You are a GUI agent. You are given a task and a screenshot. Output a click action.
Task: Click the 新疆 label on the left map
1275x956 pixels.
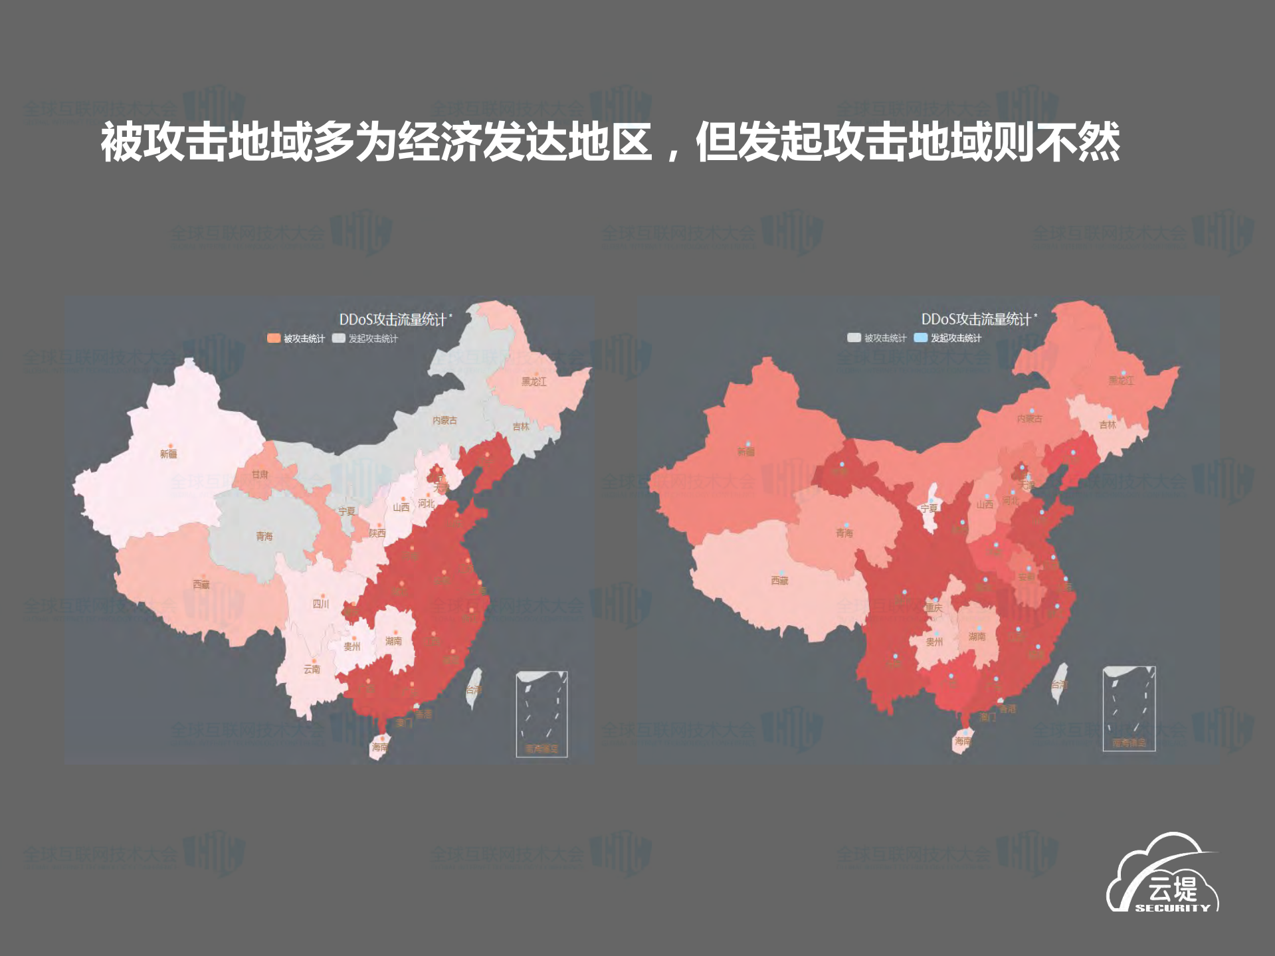[168, 454]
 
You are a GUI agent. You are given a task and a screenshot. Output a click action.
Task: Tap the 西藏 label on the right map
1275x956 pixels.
[779, 581]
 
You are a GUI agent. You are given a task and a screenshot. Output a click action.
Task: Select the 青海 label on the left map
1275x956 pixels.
[264, 536]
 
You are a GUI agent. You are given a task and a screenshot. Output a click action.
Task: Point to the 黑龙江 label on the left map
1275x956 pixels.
[534, 382]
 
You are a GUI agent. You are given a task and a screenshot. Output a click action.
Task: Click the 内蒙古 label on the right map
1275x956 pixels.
[1029, 419]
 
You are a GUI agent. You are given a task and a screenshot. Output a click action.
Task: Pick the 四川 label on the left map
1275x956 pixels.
[321, 604]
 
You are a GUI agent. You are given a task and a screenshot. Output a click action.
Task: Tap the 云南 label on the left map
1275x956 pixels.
[312, 669]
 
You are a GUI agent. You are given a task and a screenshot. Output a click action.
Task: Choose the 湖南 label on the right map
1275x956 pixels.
[977, 636]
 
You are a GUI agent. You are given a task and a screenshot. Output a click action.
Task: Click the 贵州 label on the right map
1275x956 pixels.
[934, 642]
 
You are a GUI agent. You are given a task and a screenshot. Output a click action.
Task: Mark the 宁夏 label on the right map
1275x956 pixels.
[929, 508]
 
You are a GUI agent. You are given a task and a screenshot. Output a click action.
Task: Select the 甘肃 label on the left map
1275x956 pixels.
[260, 474]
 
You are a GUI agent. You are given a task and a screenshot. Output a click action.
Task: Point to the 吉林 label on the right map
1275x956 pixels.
[1108, 425]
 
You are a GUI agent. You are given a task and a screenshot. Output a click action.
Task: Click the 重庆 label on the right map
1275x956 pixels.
[933, 608]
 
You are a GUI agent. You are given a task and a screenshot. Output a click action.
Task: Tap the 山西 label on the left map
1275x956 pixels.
[401, 507]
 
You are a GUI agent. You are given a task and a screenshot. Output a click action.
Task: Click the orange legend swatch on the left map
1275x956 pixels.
[274, 338]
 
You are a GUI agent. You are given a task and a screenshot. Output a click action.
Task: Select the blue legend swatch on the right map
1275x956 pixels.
[920, 337]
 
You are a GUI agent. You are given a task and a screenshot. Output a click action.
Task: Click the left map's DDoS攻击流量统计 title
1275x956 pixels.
[393, 320]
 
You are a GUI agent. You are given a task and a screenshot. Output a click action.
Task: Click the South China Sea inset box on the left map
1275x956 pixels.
[541, 714]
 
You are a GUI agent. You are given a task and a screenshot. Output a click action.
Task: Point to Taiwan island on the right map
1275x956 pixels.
[1059, 683]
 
